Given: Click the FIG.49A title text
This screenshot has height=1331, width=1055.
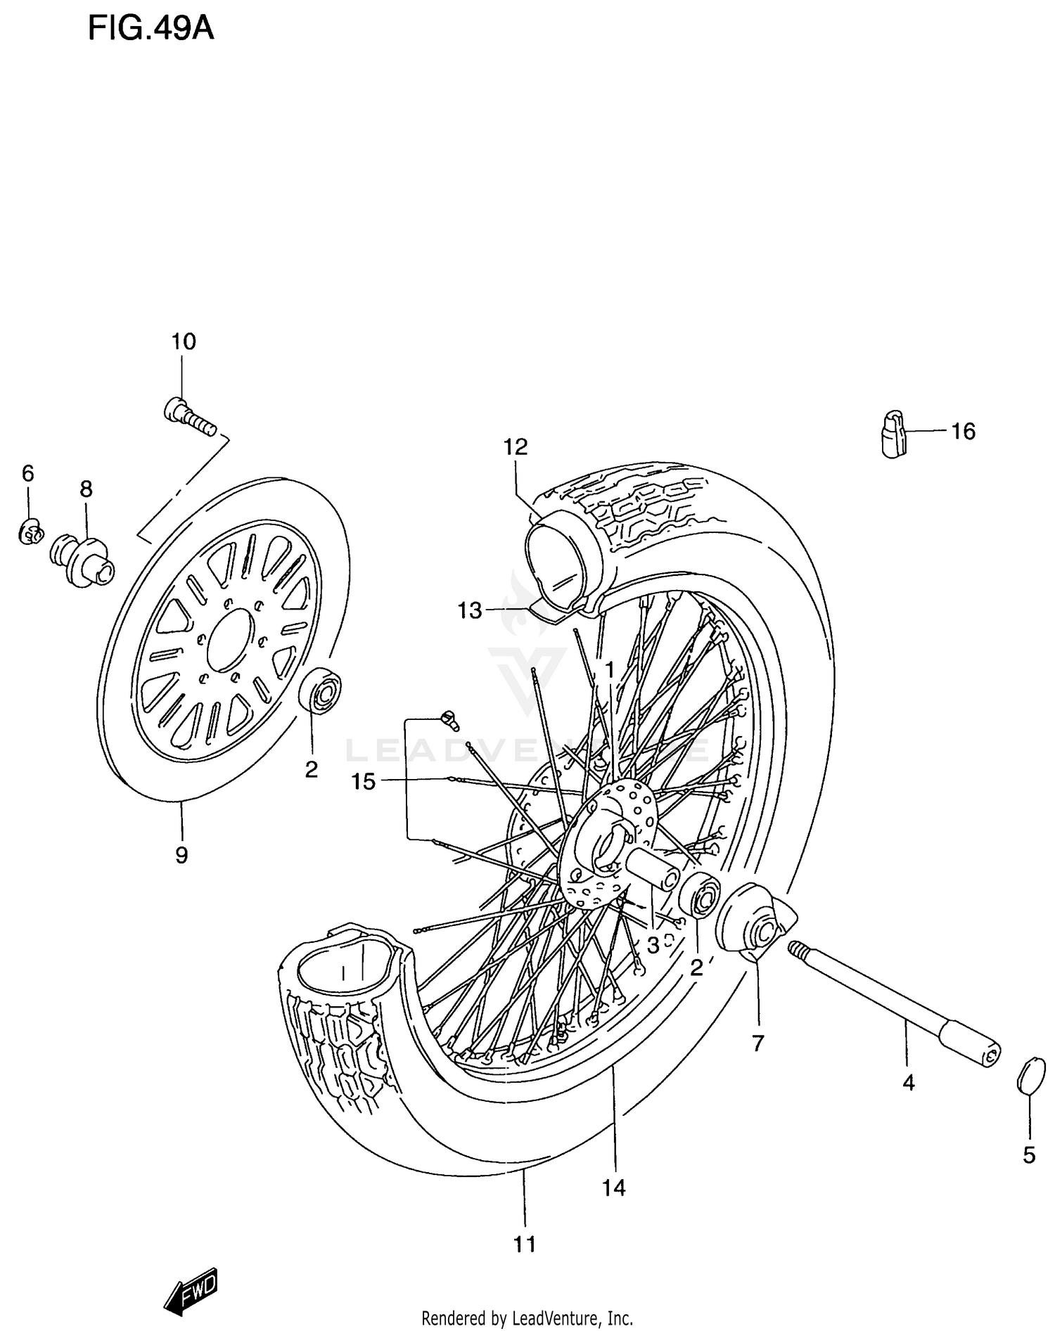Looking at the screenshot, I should [x=151, y=29].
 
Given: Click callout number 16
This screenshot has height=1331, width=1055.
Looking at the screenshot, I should [x=963, y=431].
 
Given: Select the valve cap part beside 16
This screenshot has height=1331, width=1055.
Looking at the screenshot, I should [x=893, y=434].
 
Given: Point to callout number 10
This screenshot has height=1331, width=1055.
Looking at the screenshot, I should [x=184, y=342].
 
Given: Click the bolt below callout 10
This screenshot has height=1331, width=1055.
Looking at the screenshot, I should [x=189, y=417].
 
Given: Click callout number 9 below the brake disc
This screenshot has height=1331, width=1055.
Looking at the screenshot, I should [x=181, y=855].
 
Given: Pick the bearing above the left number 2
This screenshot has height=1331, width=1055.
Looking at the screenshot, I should [x=321, y=690].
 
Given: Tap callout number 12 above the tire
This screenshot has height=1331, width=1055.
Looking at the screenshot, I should [x=516, y=446].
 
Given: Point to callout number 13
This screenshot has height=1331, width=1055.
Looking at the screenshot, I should [x=470, y=610].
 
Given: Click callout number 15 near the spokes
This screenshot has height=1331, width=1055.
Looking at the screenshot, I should [x=364, y=781].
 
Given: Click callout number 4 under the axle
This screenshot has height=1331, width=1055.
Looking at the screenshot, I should [x=908, y=1084].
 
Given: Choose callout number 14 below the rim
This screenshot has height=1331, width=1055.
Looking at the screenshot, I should [x=613, y=1188].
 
